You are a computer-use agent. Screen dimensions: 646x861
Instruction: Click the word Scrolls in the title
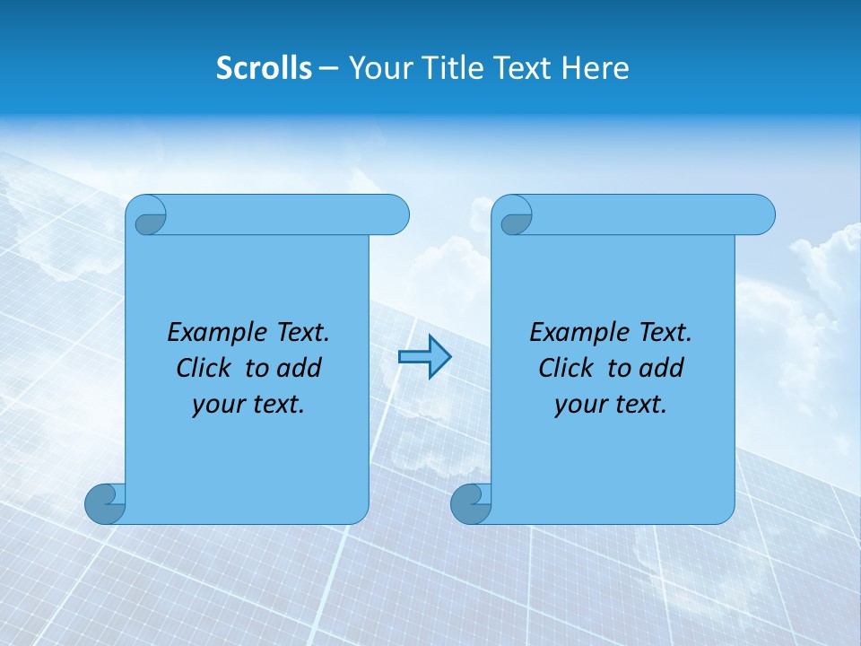264,68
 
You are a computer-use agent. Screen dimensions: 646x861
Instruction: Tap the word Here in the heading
596,68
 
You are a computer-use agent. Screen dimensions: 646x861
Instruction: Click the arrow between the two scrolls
424,357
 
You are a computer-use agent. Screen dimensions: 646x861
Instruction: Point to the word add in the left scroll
298,369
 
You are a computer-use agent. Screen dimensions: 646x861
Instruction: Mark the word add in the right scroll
660,369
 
